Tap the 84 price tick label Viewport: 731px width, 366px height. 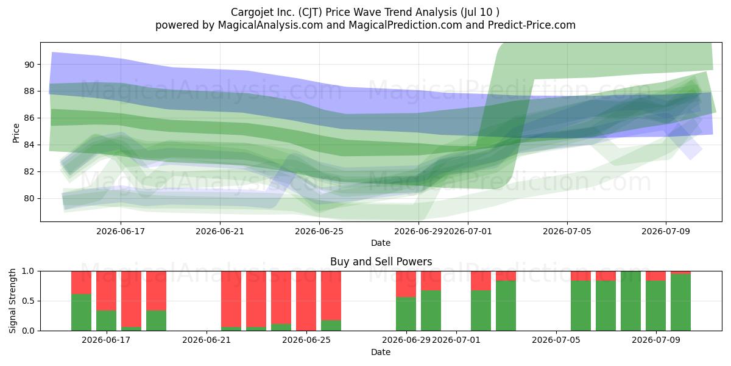click(29, 145)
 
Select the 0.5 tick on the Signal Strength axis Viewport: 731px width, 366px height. click(28, 301)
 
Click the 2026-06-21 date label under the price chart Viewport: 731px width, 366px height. click(220, 231)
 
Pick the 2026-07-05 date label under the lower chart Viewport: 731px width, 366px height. click(556, 340)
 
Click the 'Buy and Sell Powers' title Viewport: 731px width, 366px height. click(381, 262)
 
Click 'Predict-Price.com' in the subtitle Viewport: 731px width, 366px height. click(532, 25)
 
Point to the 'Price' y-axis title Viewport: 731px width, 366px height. click(16, 134)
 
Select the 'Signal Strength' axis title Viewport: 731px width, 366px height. click(12, 301)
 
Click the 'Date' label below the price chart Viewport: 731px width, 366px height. click(381, 243)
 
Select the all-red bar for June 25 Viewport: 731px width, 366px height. click(306, 301)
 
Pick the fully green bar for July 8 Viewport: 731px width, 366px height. click(631, 301)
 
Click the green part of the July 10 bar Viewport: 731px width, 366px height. click(681, 303)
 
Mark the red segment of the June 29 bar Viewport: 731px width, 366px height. click(406, 284)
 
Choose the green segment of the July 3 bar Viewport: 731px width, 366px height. click(506, 306)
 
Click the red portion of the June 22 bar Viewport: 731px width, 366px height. click(231, 300)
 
